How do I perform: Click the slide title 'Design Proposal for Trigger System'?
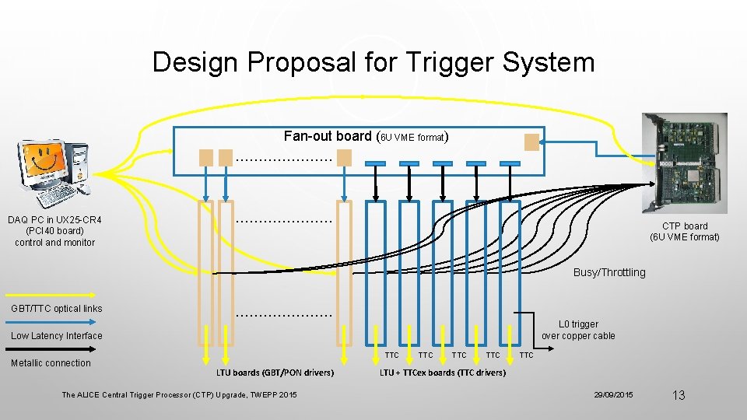coord(373,62)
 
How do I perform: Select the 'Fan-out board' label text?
coord(329,136)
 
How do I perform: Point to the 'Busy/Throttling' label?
coord(609,272)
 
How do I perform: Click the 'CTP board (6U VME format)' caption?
coord(685,232)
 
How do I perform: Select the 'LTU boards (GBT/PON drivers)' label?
coord(275,373)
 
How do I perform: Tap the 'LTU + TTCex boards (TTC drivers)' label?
coord(442,373)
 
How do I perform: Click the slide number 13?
coord(679,395)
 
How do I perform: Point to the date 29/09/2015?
coord(614,395)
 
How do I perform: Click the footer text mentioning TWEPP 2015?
coord(179,395)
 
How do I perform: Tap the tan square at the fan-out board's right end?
coord(531,142)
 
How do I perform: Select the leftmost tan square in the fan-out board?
coord(206,157)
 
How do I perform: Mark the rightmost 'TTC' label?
coord(527,355)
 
